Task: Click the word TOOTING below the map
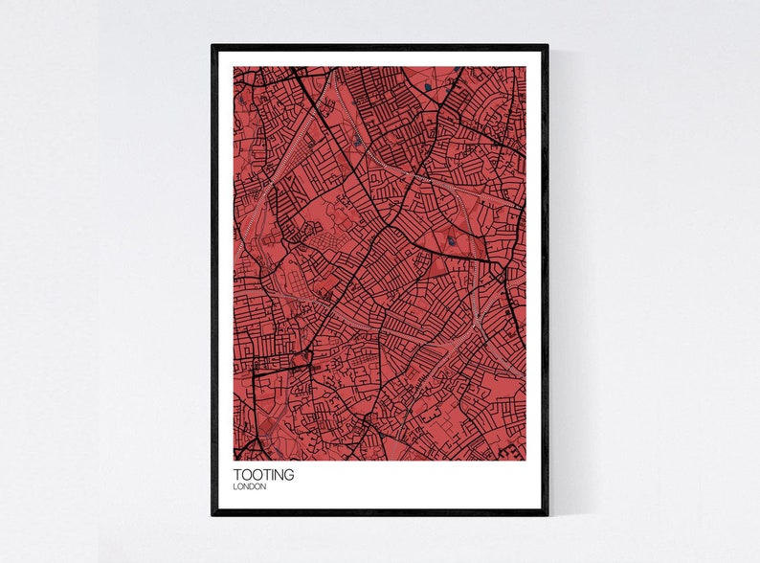click(x=263, y=474)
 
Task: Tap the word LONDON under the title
click(x=250, y=486)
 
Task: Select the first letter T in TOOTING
click(x=237, y=474)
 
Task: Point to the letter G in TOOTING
click(x=289, y=474)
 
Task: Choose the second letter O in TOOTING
click(x=256, y=474)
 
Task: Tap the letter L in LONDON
click(x=235, y=486)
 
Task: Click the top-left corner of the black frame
click(x=212, y=46)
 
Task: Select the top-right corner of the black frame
click(x=548, y=46)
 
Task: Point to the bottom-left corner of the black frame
click(x=212, y=515)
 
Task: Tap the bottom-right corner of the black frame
click(x=548, y=515)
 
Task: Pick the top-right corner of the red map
click(x=525, y=67)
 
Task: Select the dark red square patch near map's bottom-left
click(x=270, y=364)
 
